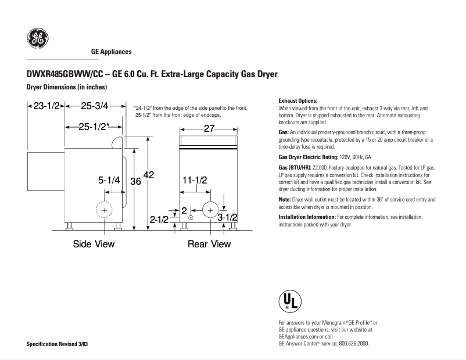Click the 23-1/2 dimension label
coord(48,106)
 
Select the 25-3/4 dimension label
coord(94,106)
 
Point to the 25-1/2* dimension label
coord(95,128)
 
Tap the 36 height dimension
coord(135,181)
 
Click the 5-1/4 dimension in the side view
coord(109,181)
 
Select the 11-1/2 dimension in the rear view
coord(195,181)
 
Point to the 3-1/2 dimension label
coord(227,217)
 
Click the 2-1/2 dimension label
coord(159,219)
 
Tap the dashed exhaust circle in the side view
coord(105,210)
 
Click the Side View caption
coord(94,244)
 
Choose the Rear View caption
coord(209,244)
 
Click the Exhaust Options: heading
coord(298,100)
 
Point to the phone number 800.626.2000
coord(354,343)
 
